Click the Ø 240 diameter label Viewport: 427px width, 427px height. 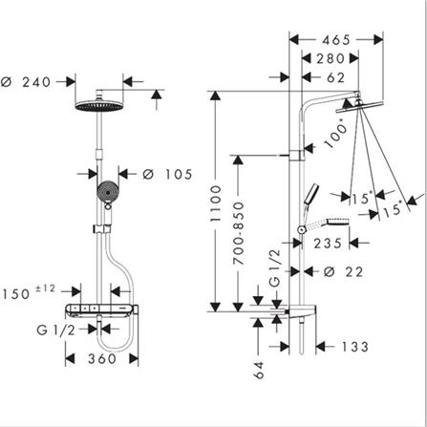pyautogui.click(x=26, y=82)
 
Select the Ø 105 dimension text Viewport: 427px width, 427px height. pyautogui.click(x=167, y=175)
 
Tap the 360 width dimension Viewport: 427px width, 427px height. pyautogui.click(x=102, y=359)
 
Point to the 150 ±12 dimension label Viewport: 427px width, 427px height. pyautogui.click(x=29, y=292)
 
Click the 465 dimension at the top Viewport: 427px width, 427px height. pyautogui.click(x=336, y=40)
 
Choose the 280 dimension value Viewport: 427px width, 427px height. pyautogui.click(x=331, y=58)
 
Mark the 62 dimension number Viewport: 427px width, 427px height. pyautogui.click(x=336, y=77)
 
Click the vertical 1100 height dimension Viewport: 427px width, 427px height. pyautogui.click(x=216, y=203)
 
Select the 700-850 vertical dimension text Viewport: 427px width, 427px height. pyautogui.click(x=239, y=233)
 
